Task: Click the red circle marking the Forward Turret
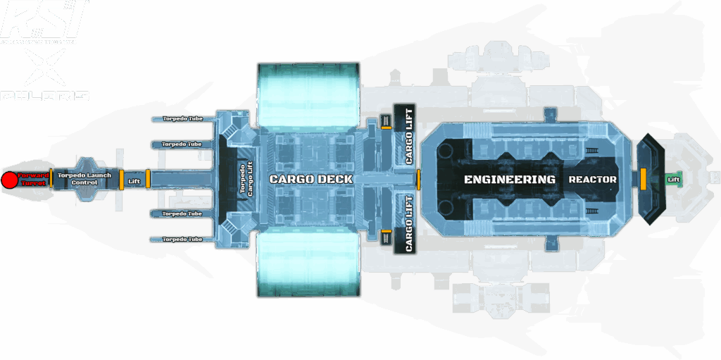(9, 180)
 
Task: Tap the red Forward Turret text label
(34, 179)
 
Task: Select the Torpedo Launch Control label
(84, 178)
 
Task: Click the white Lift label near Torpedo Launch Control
(134, 182)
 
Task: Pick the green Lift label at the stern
(674, 180)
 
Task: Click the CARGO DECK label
(311, 179)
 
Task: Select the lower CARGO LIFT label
(410, 224)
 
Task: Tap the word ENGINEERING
(509, 180)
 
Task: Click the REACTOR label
(592, 180)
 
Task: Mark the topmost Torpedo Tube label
(182, 118)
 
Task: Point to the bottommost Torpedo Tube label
(182, 240)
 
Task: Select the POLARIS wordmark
(45, 95)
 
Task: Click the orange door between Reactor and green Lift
(643, 178)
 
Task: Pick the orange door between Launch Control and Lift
(120, 179)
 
